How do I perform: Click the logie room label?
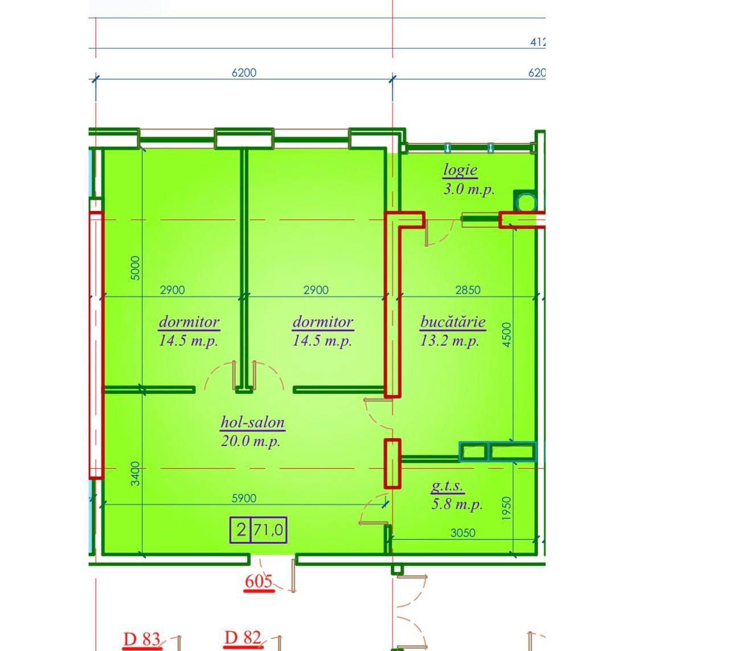pos(460,170)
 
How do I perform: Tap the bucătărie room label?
pos(453,322)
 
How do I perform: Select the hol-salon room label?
pos(253,422)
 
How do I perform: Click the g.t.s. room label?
pos(447,487)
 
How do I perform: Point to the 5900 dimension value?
pos(244,498)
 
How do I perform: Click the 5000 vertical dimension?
pos(135,268)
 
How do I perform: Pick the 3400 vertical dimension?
pos(135,473)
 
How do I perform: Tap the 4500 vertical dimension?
pos(506,335)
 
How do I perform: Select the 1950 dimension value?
pos(506,508)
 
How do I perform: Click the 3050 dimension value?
pos(462,533)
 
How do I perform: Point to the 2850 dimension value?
pos(468,290)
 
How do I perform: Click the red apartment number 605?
pos(259,581)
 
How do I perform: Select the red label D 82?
pos(243,638)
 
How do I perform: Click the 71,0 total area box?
pos(268,530)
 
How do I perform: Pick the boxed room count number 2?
pos(241,530)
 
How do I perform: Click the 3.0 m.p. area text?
pos(469,189)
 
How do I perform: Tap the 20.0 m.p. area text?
pos(251,441)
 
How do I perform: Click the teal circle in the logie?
pos(526,203)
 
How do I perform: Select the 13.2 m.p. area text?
pos(449,340)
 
